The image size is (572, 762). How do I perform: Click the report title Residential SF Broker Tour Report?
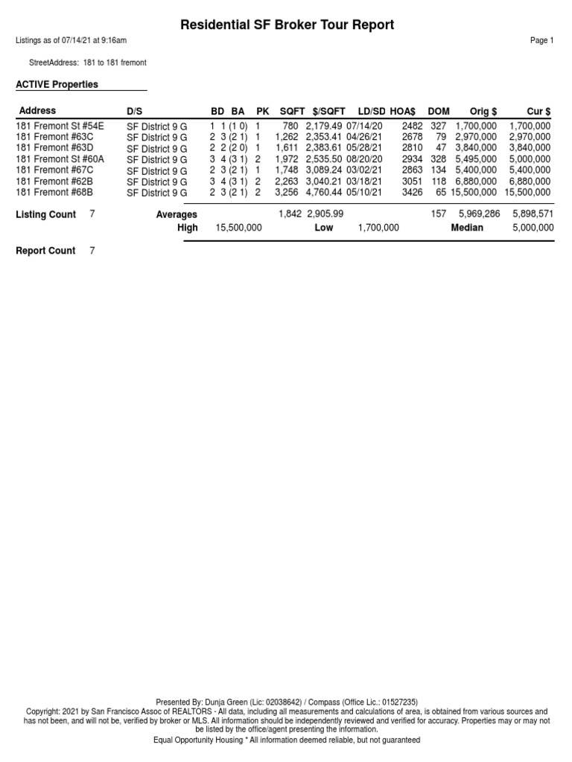point(287,25)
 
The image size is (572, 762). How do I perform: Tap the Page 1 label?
point(542,41)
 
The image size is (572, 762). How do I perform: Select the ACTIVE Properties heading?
point(57,85)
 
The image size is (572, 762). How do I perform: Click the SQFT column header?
point(292,111)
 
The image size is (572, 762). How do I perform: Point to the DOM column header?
point(439,111)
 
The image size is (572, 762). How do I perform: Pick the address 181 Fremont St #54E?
point(60,127)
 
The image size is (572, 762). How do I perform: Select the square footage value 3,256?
point(287,192)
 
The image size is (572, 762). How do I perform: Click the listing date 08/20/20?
point(364,159)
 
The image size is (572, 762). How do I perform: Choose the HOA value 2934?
point(412,159)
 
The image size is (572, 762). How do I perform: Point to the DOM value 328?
point(438,159)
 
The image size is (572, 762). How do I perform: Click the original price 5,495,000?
point(475,159)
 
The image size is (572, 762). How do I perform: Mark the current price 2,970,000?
point(530,138)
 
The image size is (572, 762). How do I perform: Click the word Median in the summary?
point(467,228)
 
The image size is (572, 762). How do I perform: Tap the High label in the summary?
point(188,228)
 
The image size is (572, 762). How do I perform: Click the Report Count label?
point(45,251)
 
